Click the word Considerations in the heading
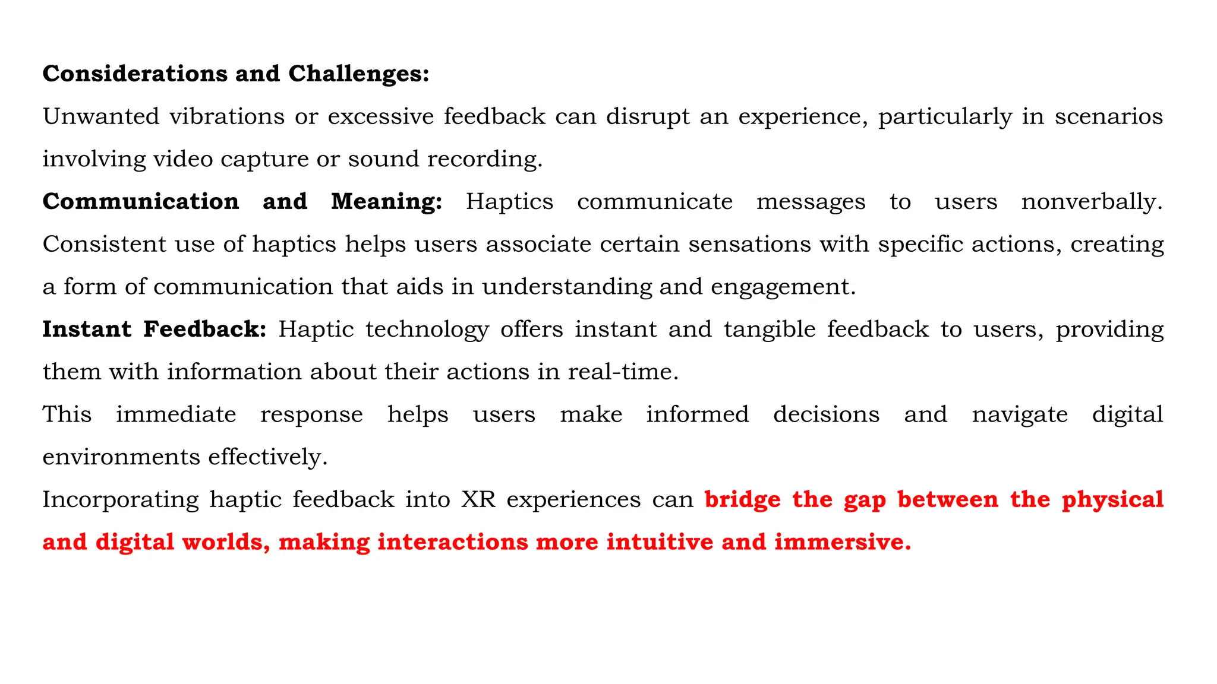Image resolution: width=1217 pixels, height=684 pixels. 134,74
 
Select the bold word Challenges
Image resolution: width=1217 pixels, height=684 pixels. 358,74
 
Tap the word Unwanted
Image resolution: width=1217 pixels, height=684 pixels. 101,116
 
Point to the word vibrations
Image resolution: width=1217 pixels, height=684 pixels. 227,116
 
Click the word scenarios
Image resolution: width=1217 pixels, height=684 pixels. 1108,116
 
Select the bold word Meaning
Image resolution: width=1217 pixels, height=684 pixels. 386,202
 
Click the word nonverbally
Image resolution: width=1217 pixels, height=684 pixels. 1092,202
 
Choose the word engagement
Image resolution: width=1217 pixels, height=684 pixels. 783,287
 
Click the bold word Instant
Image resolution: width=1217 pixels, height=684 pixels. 87,330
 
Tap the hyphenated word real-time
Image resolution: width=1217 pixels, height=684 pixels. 623,372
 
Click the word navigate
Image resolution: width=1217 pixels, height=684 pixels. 1020,415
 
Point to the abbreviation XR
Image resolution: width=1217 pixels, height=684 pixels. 478,500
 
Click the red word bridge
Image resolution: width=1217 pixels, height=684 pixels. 742,500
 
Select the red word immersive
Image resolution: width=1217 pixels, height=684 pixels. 842,542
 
